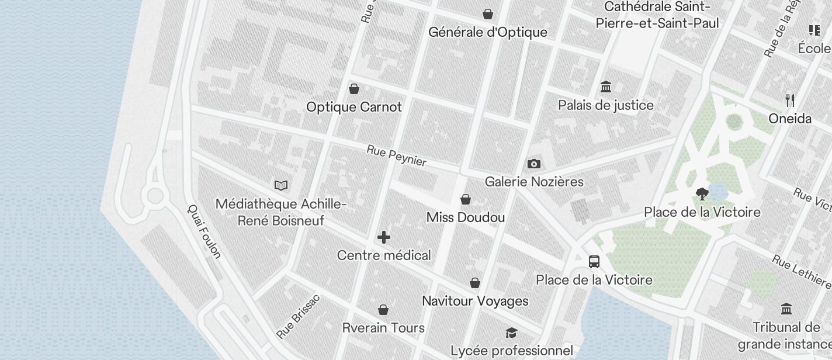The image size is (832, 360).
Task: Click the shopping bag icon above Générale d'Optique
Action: (x=487, y=13)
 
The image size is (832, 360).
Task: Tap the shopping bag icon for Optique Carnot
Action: (x=353, y=89)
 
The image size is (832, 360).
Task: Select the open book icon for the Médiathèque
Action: (x=281, y=185)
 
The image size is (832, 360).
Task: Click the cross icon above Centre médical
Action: (x=384, y=237)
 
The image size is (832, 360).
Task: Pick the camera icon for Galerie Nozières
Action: (x=533, y=164)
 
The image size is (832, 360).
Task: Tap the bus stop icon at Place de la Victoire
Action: (x=594, y=261)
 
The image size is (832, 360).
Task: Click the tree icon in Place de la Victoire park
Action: (x=702, y=193)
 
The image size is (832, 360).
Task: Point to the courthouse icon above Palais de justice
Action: (x=606, y=87)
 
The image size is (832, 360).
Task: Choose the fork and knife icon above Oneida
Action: (x=790, y=101)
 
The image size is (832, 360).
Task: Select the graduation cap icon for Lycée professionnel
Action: (x=511, y=333)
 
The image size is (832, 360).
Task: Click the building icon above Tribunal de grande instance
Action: (x=786, y=309)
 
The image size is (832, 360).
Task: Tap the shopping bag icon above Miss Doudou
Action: (x=466, y=199)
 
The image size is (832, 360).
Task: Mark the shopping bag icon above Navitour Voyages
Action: (x=475, y=283)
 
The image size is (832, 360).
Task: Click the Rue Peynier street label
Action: (x=397, y=156)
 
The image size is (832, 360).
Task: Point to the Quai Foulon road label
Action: (x=204, y=231)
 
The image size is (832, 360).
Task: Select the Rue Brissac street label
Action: (x=299, y=316)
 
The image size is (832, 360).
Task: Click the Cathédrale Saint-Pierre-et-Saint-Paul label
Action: (x=657, y=15)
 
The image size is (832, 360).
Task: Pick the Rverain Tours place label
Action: (x=383, y=327)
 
